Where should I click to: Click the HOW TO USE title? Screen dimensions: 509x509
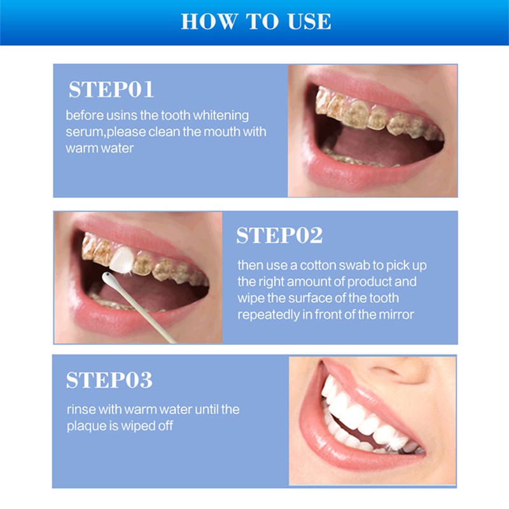(x=255, y=21)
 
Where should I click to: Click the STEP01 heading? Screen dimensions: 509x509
(x=111, y=89)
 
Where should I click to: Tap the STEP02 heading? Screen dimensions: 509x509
(x=279, y=235)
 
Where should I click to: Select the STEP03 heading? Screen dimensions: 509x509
(x=109, y=380)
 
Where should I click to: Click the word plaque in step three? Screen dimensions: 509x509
(x=85, y=426)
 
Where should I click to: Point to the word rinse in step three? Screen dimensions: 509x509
(x=80, y=409)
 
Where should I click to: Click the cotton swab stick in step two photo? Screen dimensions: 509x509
(x=143, y=312)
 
